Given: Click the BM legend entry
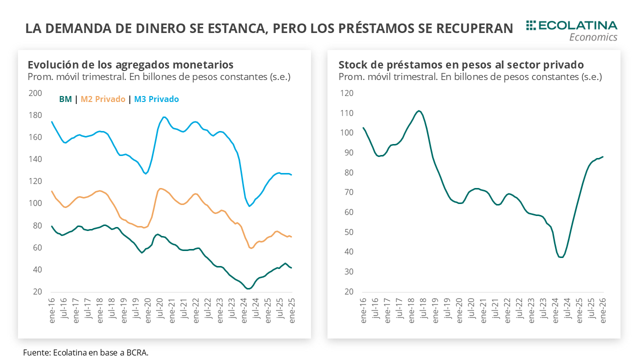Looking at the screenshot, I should point(65,99).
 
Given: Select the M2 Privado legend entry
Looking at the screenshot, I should point(103,99).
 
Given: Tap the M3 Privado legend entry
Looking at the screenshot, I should point(156,99).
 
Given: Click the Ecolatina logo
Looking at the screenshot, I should point(571,25).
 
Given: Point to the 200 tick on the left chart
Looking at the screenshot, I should point(35,93).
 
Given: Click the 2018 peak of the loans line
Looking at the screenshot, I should point(418,110).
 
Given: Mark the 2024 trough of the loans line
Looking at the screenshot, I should point(561,257).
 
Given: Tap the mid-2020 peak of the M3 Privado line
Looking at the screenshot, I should point(164,117).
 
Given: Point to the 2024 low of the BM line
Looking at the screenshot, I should point(248,288).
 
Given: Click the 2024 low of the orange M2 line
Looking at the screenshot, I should point(251,248).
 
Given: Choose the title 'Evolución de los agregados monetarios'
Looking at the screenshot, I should point(130,64).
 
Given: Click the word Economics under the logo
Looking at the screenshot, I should point(593,37).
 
